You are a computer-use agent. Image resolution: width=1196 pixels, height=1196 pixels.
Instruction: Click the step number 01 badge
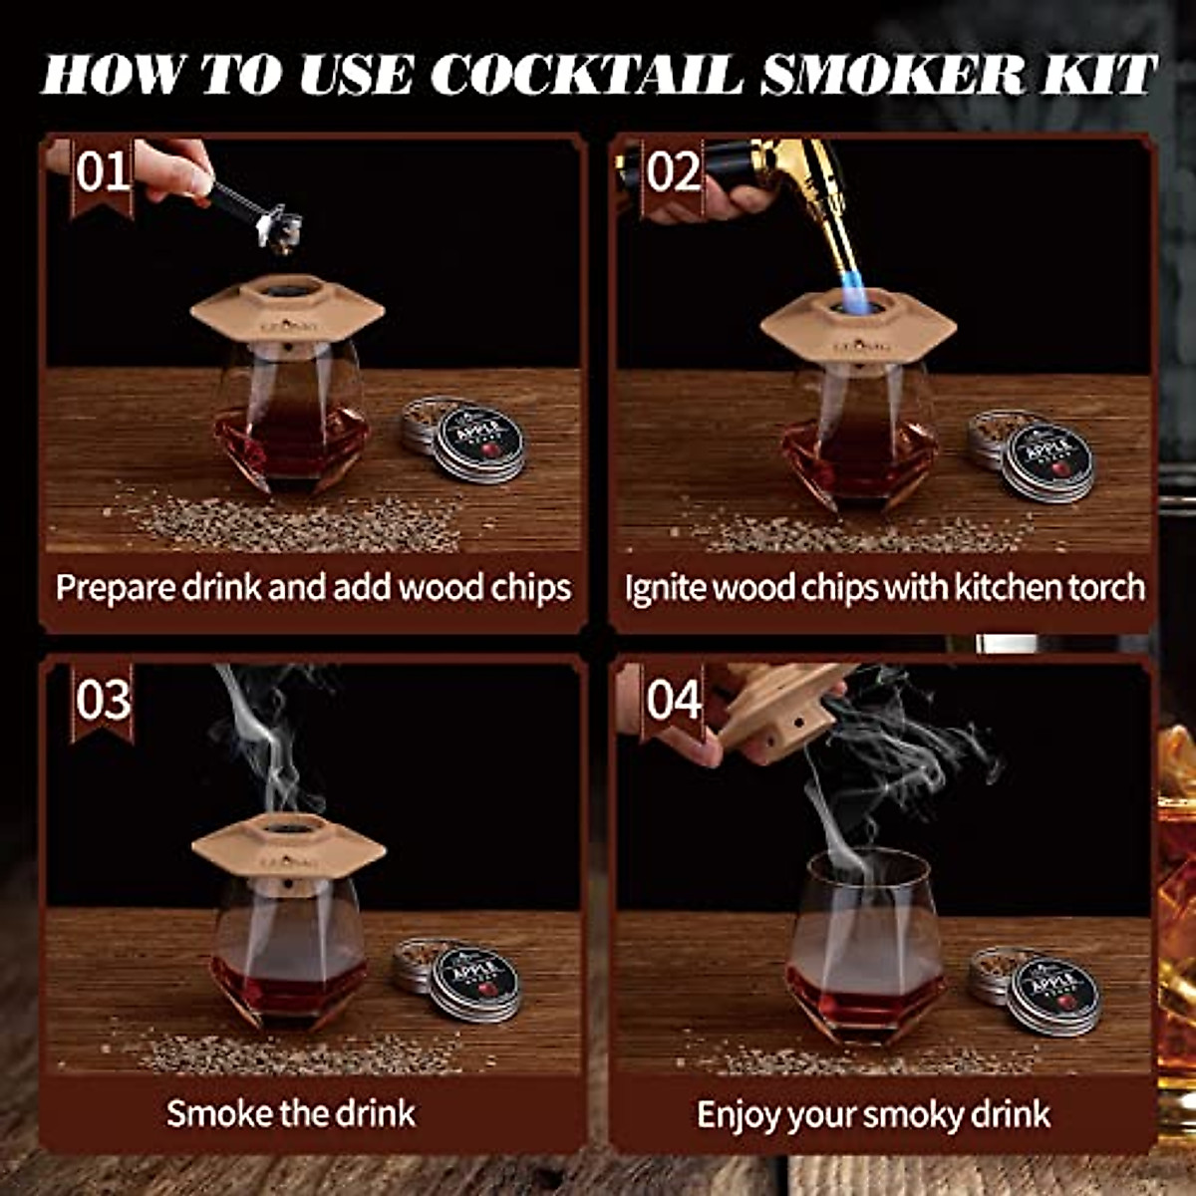point(103,171)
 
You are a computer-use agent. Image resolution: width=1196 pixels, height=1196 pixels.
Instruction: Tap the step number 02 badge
point(673,171)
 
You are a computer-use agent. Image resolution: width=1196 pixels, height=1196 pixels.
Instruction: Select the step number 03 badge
point(103,700)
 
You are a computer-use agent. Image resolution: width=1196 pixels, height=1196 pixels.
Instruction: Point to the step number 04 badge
point(673,700)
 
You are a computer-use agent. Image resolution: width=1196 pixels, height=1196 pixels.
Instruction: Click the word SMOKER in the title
point(892,75)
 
